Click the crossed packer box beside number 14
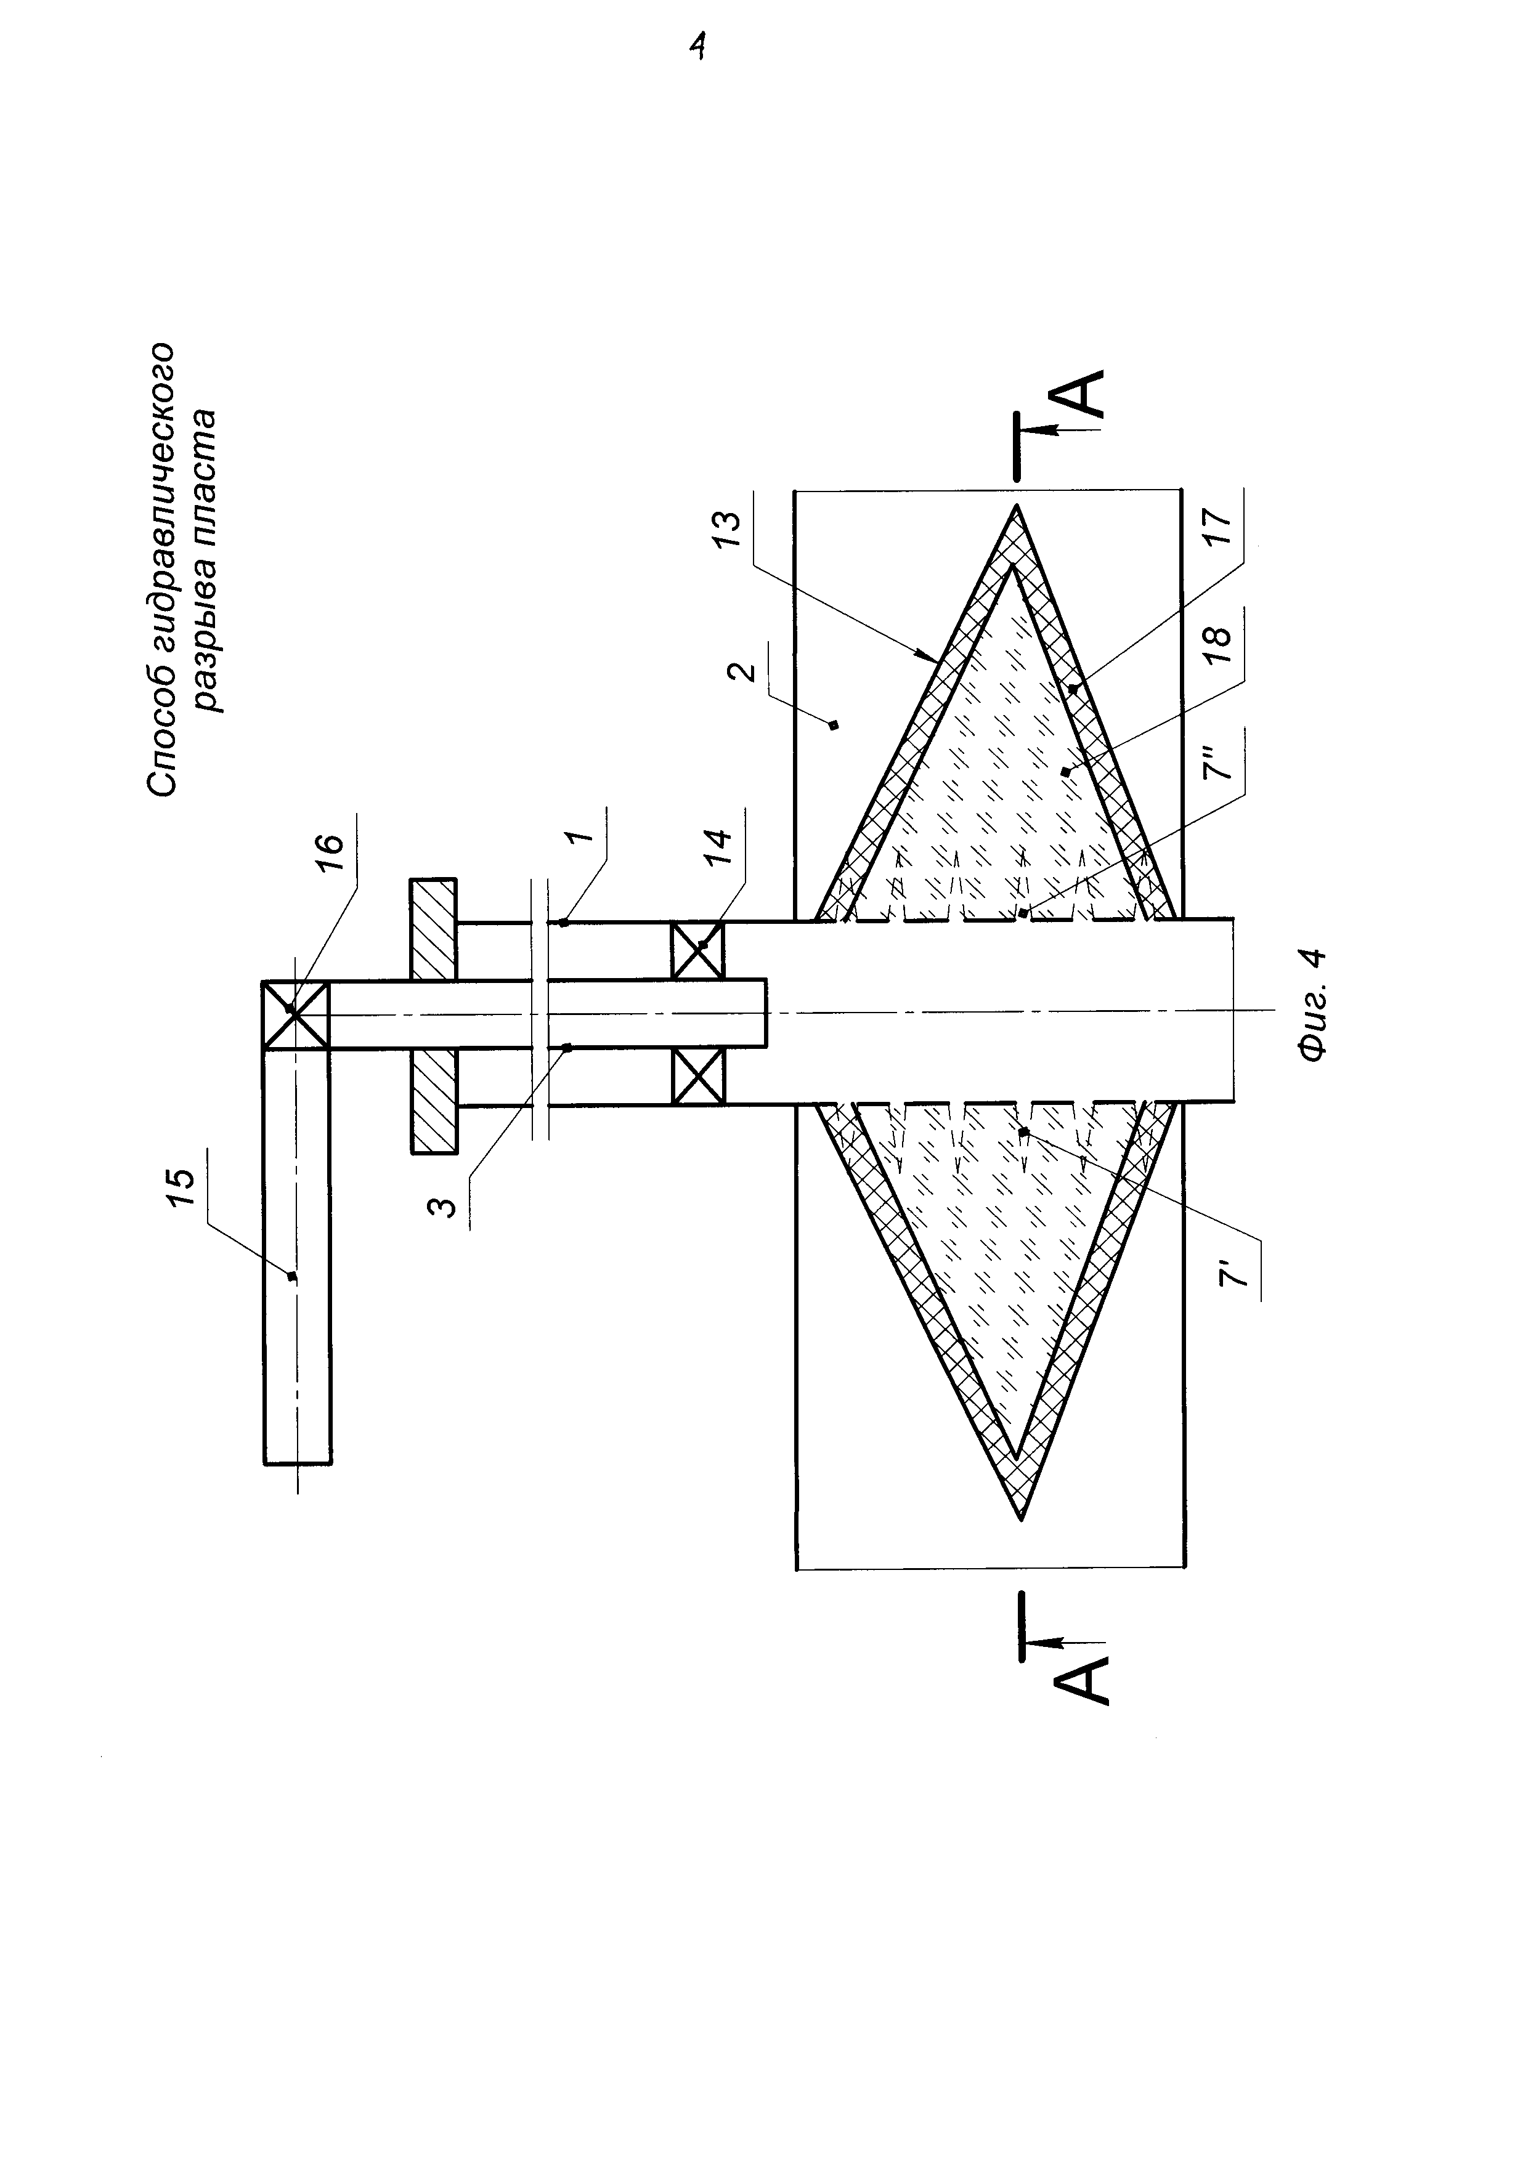tap(697, 1077)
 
